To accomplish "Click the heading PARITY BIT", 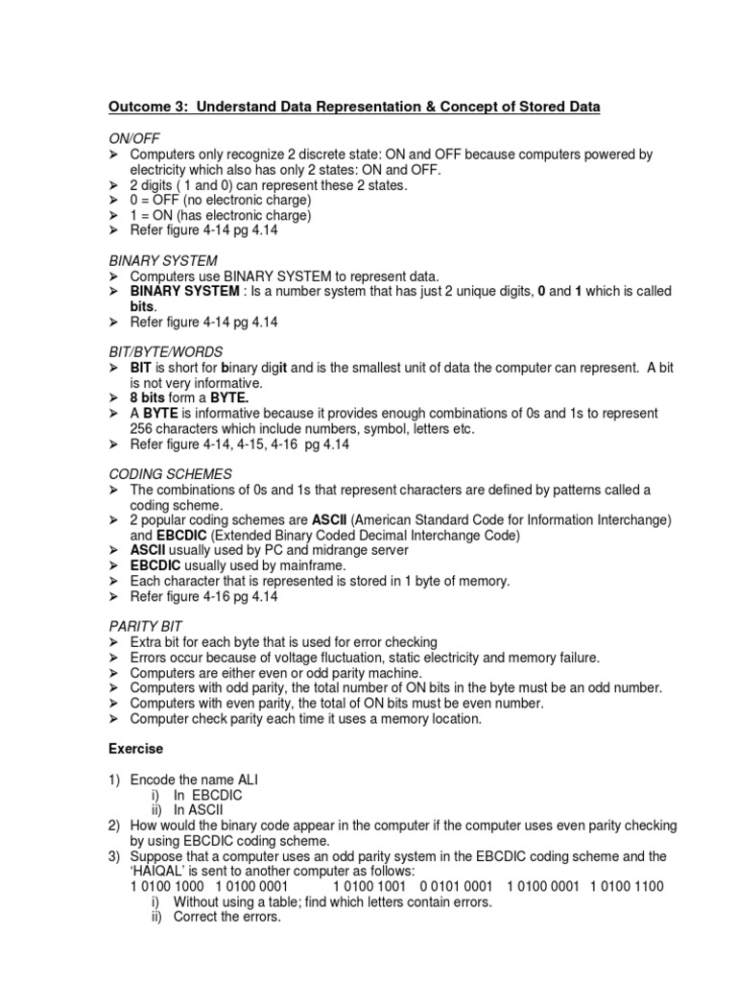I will pyautogui.click(x=145, y=626).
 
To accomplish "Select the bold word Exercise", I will pyautogui.click(x=135, y=748).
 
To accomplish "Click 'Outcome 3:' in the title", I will pyautogui.click(x=141, y=108).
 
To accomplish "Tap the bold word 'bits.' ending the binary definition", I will pyautogui.click(x=144, y=306).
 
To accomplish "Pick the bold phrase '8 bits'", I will pyautogui.click(x=148, y=397).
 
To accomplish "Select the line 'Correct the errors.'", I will pyautogui.click(x=226, y=917).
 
